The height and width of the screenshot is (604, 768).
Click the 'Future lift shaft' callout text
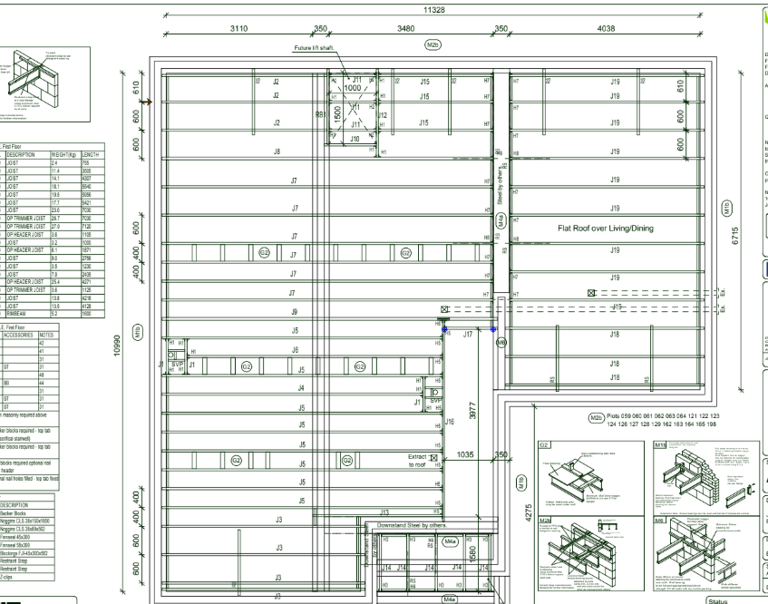click(x=316, y=47)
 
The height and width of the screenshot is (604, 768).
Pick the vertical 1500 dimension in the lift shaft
click(x=336, y=116)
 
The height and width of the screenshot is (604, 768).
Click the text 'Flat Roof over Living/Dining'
click(x=612, y=229)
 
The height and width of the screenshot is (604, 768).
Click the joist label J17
click(x=467, y=335)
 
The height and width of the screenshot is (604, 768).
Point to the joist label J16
click(x=448, y=421)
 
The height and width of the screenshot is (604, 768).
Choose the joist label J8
click(x=277, y=151)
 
